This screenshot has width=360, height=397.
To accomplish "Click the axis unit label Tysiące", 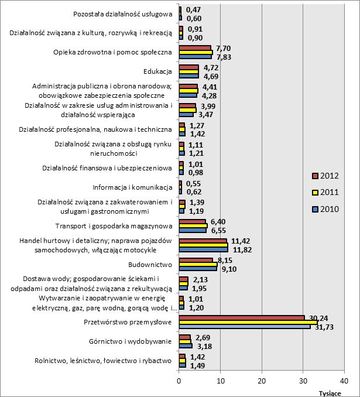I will (x=330, y=393).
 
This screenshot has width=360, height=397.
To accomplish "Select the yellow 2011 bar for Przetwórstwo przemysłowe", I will (x=248, y=322).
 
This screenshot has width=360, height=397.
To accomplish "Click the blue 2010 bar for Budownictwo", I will (x=198, y=268).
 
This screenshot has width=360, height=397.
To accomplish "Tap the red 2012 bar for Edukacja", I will (x=188, y=68).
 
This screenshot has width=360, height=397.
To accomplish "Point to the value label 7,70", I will (x=225, y=47).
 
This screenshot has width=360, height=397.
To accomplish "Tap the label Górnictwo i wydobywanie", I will (x=132, y=341).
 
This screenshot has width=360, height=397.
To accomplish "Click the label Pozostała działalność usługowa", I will (x=123, y=14).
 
